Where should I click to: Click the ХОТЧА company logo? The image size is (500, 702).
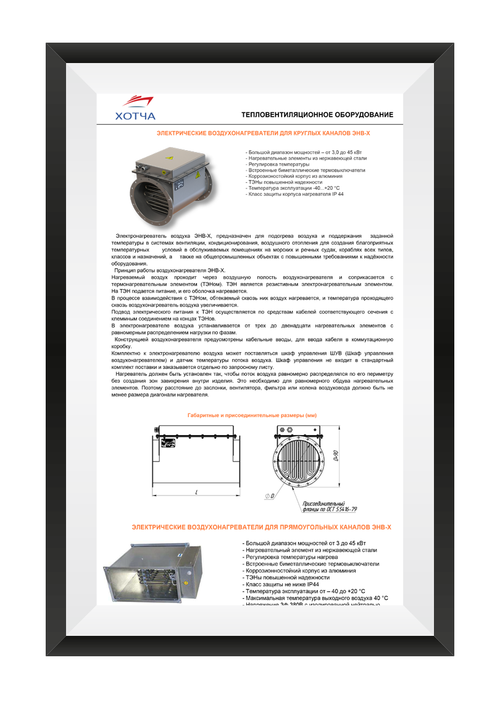135,108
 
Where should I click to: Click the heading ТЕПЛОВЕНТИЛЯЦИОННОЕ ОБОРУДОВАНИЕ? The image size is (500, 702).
317,115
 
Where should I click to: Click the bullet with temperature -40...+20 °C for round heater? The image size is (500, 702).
293,188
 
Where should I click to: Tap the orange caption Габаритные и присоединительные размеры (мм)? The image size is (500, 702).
252,415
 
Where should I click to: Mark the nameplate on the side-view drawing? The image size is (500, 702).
166,442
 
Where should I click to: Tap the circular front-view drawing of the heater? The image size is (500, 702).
298,462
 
